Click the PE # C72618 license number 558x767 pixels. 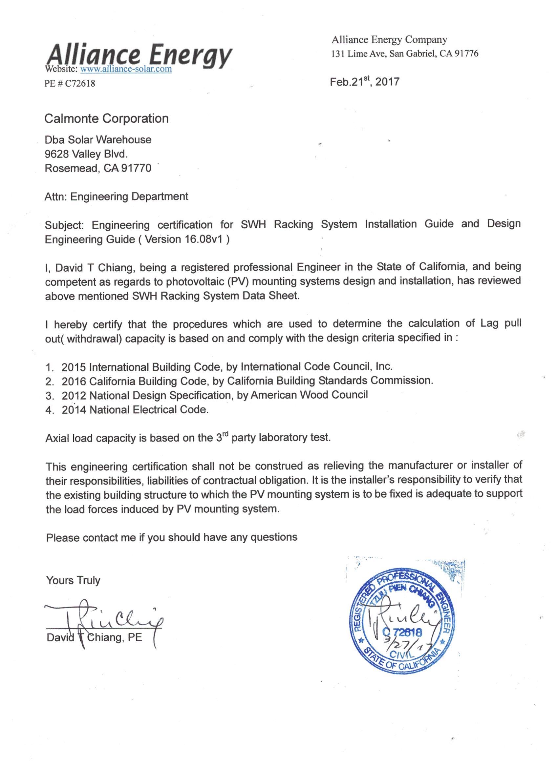(x=70, y=83)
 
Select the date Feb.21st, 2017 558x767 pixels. (x=364, y=82)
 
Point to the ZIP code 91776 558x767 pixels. (x=467, y=54)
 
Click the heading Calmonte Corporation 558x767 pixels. (x=107, y=119)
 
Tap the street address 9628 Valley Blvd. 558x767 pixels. (x=86, y=154)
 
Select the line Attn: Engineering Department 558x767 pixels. (x=117, y=197)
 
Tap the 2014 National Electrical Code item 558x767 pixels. (x=135, y=409)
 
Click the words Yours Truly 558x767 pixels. (x=73, y=580)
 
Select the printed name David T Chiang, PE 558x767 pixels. (x=95, y=638)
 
